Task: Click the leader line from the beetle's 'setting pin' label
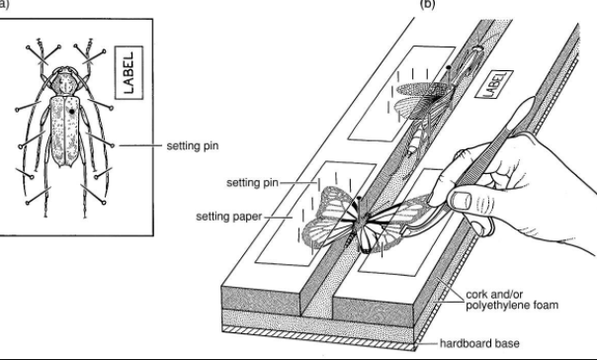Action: tap(137, 144)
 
